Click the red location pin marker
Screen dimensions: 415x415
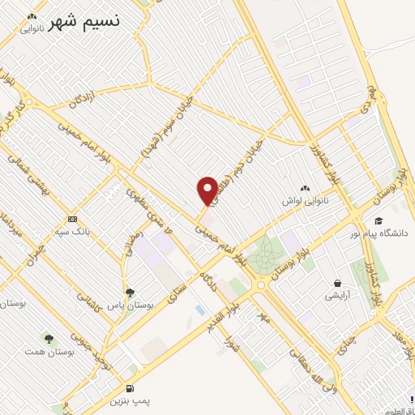[207, 190]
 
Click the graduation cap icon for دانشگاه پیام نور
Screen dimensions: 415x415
[378, 221]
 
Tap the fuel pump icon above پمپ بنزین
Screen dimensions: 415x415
[130, 389]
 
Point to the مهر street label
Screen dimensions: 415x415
[263, 312]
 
